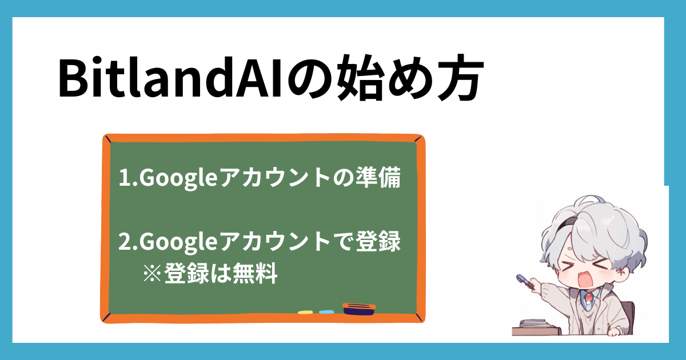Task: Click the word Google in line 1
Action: pos(179,178)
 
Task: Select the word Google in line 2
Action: pos(179,242)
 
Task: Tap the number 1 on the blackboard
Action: pos(125,177)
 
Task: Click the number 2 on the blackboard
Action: pos(125,241)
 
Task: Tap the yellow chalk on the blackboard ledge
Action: pos(305,312)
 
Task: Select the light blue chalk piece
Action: pos(326,312)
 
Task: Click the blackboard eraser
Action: pos(359,309)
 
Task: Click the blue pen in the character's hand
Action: pos(525,281)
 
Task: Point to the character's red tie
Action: pos(589,298)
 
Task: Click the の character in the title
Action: pos(309,78)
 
